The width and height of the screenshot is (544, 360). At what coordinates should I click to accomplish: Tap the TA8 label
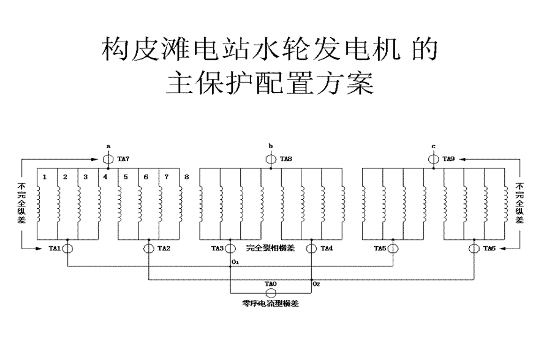pos(286,159)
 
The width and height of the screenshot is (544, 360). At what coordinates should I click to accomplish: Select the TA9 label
pos(449,159)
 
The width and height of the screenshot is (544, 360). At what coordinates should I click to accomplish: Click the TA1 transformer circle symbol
pos(67,249)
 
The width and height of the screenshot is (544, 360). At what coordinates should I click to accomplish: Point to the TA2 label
pos(164,249)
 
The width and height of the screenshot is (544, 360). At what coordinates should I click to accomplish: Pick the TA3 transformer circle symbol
pos(230,249)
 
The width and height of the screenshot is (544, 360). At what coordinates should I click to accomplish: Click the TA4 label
pos(327,249)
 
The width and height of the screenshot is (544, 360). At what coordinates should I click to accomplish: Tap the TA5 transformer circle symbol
pos(393,249)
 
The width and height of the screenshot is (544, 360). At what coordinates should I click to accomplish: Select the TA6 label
pos(489,249)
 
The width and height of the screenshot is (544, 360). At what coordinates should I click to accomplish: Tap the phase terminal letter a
pos(108,146)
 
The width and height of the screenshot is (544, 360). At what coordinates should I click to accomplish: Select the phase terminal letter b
pos(271,146)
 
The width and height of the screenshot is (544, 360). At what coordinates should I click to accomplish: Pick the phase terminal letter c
pos(434,146)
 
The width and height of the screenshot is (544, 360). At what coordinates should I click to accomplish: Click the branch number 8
pos(186,178)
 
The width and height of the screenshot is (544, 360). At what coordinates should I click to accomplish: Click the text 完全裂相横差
pos(270,249)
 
